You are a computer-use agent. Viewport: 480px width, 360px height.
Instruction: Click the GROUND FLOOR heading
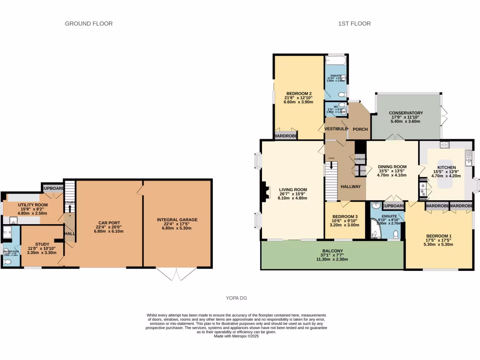click(x=89, y=23)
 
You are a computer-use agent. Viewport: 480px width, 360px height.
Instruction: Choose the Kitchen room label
click(x=446, y=167)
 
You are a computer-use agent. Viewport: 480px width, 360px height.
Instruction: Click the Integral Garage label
click(x=177, y=219)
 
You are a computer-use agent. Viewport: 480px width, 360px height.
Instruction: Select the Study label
click(x=42, y=244)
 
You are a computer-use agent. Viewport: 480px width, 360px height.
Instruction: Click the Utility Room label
click(x=33, y=205)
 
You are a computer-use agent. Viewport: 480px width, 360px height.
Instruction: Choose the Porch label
click(x=360, y=129)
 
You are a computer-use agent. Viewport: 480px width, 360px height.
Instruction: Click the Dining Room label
click(x=392, y=167)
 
